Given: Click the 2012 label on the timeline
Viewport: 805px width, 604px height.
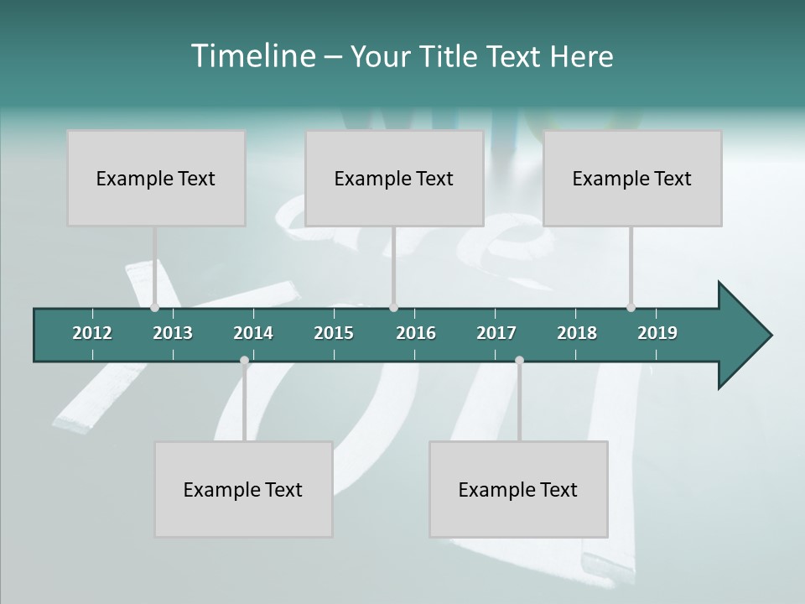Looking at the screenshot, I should tap(92, 333).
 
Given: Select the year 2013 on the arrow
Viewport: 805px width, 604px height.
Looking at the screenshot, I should tap(173, 333).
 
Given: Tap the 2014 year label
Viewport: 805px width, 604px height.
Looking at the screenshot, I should tap(253, 333).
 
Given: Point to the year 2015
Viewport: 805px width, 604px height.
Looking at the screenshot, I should tap(334, 333).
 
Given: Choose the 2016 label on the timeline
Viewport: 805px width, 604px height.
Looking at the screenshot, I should tap(416, 333).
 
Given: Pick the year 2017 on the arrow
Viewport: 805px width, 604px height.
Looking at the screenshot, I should tap(496, 333).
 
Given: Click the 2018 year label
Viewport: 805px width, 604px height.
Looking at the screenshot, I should tap(577, 333).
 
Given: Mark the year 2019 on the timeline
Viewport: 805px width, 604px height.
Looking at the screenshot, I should tap(657, 333).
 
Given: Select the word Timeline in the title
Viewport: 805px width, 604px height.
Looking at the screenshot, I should tap(252, 56).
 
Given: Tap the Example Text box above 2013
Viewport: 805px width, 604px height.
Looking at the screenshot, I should tap(156, 178).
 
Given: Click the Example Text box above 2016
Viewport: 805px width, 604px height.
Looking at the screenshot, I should tap(394, 178).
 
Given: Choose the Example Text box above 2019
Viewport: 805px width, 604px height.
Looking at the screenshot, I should tap(632, 178).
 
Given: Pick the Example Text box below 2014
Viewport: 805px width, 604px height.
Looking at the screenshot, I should tap(243, 489).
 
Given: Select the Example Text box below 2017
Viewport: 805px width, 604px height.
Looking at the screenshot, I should tap(518, 489).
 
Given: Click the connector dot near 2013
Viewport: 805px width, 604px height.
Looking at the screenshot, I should tap(154, 308).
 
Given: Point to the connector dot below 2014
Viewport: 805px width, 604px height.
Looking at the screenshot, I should tap(244, 361).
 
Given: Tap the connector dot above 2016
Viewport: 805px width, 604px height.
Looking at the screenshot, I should tap(393, 308).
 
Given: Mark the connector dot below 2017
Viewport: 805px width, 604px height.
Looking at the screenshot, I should tap(519, 361).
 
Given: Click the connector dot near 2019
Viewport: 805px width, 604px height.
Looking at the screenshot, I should tap(631, 308).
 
